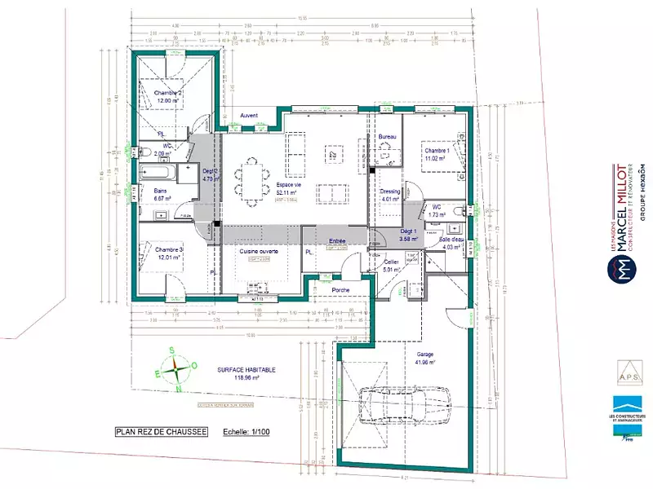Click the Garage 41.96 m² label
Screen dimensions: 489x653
click(425, 358)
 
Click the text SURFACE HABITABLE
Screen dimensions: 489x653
click(247, 369)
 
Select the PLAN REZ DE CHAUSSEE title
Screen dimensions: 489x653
click(161, 432)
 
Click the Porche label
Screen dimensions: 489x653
click(341, 290)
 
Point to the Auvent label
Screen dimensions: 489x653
click(249, 116)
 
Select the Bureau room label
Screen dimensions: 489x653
click(388, 137)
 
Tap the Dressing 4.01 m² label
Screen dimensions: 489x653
click(390, 194)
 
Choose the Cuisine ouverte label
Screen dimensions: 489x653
click(260, 252)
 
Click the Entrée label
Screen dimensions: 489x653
click(337, 241)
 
